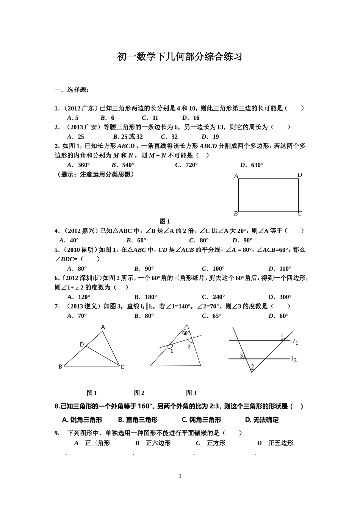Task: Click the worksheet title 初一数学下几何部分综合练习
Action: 180,57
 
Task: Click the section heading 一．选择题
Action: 72,90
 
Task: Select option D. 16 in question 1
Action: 191,118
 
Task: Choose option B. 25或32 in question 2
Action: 128,137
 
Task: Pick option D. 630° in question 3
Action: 252,165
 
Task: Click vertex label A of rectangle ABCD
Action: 236,176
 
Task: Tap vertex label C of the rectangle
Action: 299,214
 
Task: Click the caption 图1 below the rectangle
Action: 164,222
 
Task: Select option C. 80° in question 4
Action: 199,240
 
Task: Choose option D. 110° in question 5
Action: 280,269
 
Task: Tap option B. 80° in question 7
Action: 144,316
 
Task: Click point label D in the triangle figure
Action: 81,344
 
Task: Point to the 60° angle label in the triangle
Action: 186,334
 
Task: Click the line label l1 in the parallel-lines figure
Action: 295,342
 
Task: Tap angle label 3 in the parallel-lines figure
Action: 241,356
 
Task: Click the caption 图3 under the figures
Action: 191,393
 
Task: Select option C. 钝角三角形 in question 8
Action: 201,420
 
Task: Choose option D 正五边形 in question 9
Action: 275,443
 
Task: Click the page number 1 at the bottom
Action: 180,476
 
